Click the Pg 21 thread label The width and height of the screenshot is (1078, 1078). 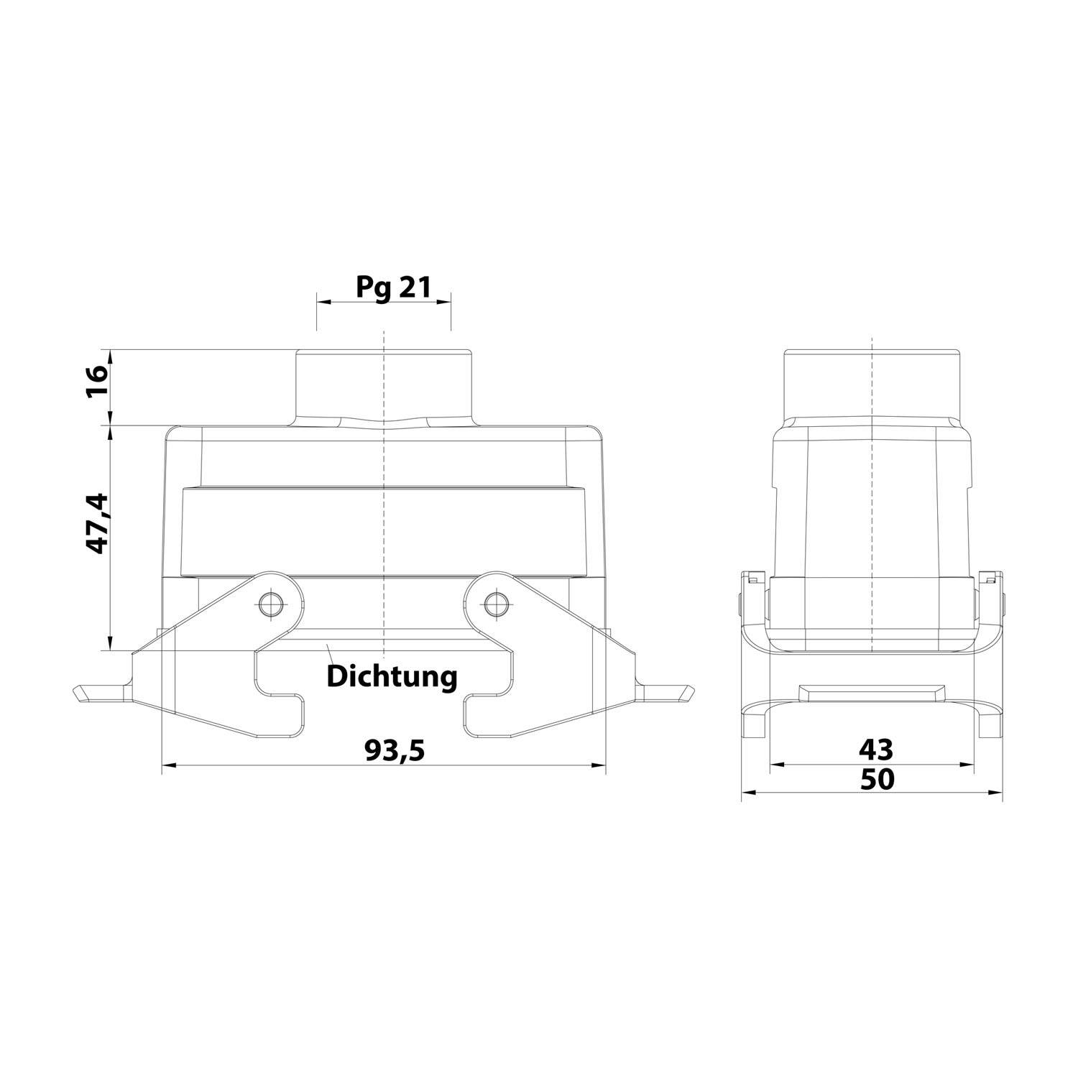(x=393, y=288)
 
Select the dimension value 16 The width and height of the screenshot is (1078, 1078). (x=98, y=382)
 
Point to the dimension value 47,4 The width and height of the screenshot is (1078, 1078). (x=98, y=523)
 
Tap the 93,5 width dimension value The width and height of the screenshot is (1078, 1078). (x=395, y=750)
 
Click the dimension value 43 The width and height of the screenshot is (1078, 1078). (x=876, y=750)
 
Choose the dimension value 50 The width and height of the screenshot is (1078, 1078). (x=877, y=779)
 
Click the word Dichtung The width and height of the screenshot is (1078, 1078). (x=392, y=676)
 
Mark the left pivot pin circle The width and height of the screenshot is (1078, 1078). (x=270, y=604)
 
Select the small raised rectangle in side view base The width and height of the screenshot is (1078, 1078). (x=871, y=693)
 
